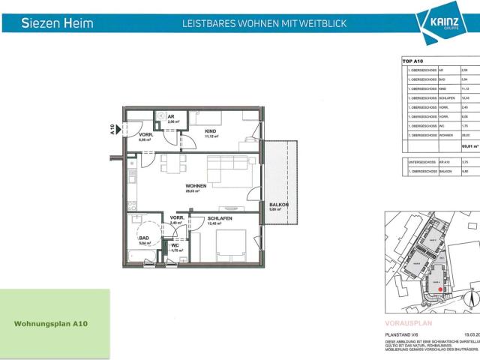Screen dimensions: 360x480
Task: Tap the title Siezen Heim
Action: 58,23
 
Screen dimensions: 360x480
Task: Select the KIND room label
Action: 211,132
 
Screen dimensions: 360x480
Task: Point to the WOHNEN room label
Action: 196,186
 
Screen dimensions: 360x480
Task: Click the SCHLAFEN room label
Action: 220,217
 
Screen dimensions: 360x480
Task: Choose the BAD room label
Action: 142,238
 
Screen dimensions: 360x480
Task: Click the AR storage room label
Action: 170,118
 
